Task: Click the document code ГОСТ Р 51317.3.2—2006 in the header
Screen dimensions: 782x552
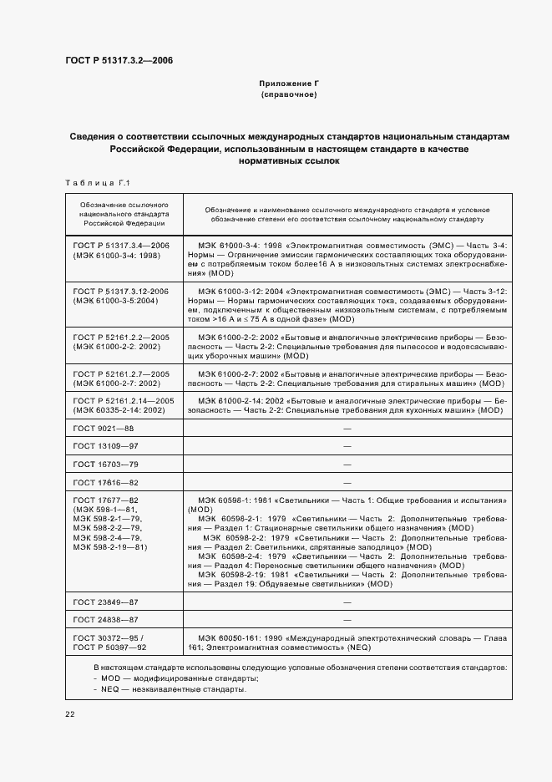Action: tap(119, 60)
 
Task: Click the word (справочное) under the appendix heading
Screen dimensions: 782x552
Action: tap(288, 95)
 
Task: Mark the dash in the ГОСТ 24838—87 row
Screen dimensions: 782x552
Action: tap(347, 620)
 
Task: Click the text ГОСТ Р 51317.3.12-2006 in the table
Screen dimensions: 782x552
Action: tap(121, 291)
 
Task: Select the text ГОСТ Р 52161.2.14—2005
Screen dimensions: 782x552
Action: tap(123, 401)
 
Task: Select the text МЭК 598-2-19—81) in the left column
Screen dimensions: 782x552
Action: tap(110, 547)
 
